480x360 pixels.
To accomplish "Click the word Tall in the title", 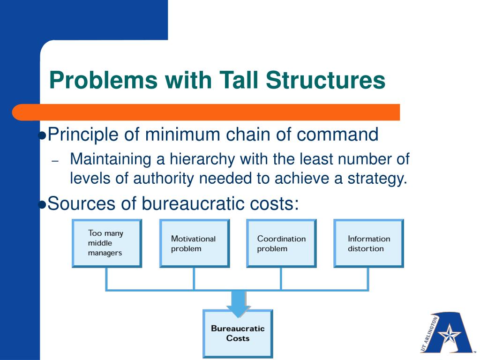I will [x=237, y=80].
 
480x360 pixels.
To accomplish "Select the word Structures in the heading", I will [x=326, y=80].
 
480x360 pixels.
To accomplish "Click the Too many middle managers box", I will [x=107, y=243].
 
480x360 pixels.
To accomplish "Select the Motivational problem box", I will [x=195, y=243].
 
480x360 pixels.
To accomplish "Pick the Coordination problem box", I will [x=281, y=243].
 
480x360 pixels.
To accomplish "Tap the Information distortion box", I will [x=368, y=243].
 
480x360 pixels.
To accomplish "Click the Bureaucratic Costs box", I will [x=238, y=333].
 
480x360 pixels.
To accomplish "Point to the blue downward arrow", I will [x=238, y=303].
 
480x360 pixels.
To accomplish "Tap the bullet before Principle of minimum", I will [x=42, y=136].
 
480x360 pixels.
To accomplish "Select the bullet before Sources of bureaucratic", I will [x=42, y=204].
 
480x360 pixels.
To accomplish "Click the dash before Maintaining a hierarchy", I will [x=55, y=161].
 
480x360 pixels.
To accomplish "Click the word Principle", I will [x=84, y=135].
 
